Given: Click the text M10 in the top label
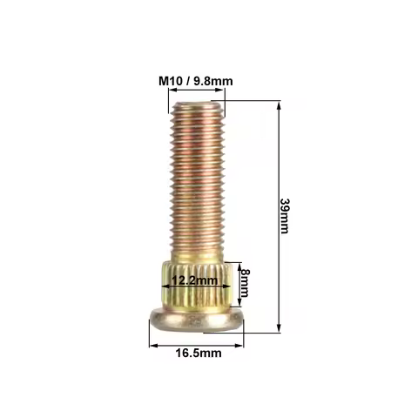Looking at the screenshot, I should pyautogui.click(x=170, y=81).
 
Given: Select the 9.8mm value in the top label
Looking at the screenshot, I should pyautogui.click(x=212, y=81).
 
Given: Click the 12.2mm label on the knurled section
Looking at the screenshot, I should pyautogui.click(x=193, y=281).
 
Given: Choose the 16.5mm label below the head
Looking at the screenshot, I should pyautogui.click(x=197, y=353).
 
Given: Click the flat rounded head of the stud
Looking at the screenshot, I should pyautogui.click(x=196, y=320).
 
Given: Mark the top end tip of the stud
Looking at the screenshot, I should pyautogui.click(x=196, y=104).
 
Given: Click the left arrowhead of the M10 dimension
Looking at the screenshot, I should pyautogui.click(x=171, y=93).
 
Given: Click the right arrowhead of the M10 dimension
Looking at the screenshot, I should pyautogui.click(x=221, y=93).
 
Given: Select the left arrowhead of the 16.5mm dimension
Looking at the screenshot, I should pyautogui.click(x=152, y=344).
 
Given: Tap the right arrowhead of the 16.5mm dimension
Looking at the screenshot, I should pyautogui.click(x=241, y=344).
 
